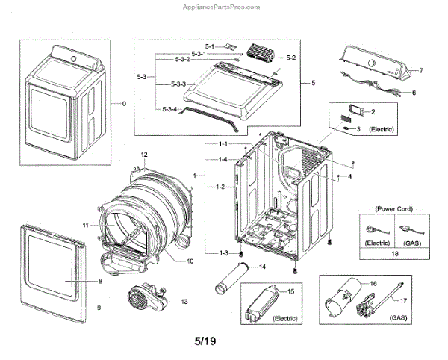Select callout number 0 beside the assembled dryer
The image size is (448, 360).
pyautogui.click(x=123, y=102)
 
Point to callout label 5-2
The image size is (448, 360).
pyautogui.click(x=291, y=58)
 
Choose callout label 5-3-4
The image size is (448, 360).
pyautogui.click(x=167, y=111)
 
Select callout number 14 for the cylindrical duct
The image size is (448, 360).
pyautogui.click(x=263, y=267)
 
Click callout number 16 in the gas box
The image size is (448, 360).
pyautogui.click(x=374, y=284)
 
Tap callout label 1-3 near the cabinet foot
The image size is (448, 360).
pyautogui.click(x=223, y=253)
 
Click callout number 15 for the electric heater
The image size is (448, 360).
pyautogui.click(x=290, y=290)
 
